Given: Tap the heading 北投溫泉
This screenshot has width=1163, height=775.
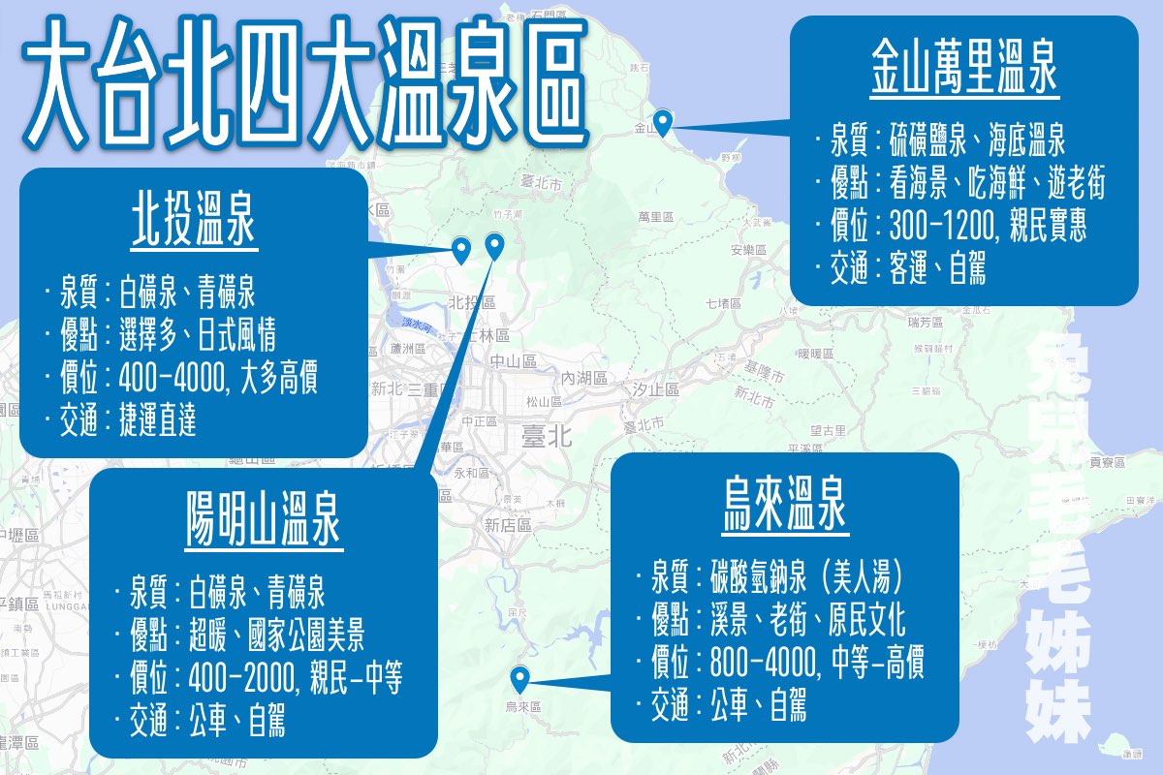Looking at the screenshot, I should pyautogui.click(x=193, y=224).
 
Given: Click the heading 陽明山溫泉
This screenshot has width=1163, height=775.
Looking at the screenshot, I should pyautogui.click(x=263, y=523).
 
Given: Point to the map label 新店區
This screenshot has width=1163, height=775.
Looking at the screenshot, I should pyautogui.click(x=509, y=524).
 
